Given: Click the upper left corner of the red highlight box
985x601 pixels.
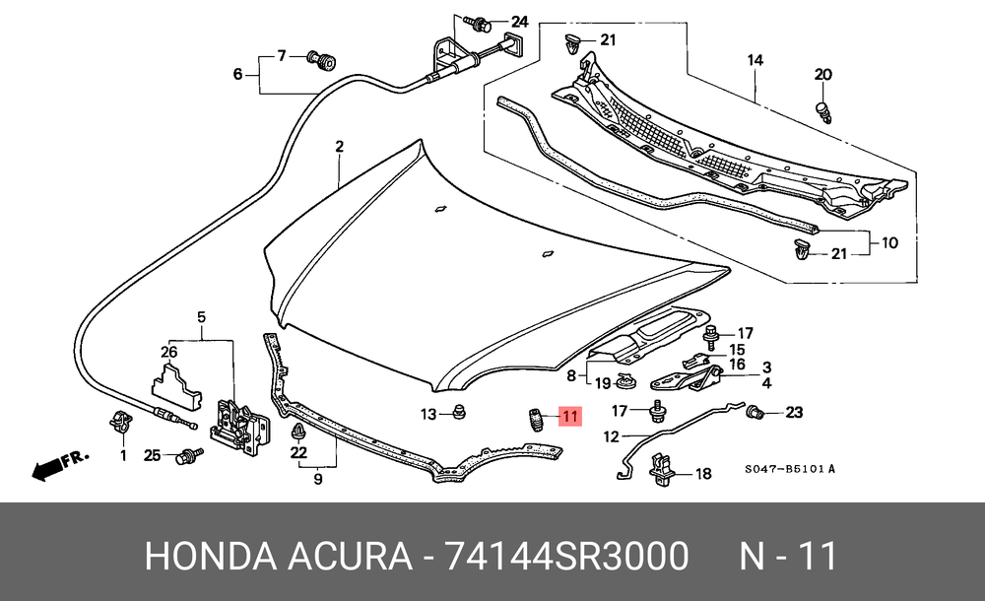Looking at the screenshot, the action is pos(558,406).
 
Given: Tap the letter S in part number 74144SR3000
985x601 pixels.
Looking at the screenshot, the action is pos(564,557).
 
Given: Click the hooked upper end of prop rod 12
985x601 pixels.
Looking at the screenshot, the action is pos(741,405).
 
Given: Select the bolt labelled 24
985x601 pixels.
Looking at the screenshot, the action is pos(478,24).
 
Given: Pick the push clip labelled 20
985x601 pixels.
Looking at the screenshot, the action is pos(824,112).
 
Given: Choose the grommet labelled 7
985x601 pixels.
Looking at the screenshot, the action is pos(321,61).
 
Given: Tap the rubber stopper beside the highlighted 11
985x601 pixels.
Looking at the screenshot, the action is pos(535,420).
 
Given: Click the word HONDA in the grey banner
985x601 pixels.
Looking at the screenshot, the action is pos(211,557).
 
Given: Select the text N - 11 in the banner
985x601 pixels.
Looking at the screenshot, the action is pos(788,557).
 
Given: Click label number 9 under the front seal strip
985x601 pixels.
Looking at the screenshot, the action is pos(318,479).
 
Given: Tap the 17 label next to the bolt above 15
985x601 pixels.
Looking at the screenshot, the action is pos(745,333).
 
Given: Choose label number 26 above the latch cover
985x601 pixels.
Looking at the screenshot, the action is pos(169,352).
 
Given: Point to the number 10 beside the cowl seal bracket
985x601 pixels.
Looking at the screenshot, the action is pos(889,242).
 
